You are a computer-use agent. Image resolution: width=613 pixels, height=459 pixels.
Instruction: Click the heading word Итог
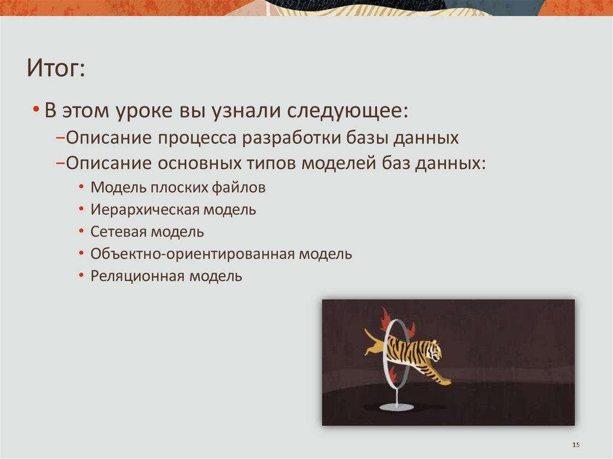point(55,68)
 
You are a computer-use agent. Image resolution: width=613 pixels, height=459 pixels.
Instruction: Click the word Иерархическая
point(144,210)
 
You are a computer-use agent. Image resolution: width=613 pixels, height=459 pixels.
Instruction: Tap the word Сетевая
point(118,232)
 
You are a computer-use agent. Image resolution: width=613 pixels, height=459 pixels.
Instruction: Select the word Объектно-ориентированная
point(192,254)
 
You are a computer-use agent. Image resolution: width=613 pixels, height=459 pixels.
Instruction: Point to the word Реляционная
point(138,276)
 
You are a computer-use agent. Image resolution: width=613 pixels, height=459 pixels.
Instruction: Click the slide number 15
point(576,445)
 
